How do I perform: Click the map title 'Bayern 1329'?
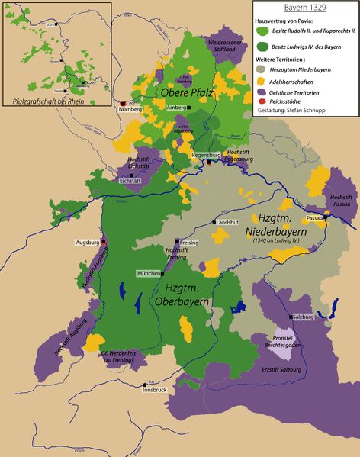[x=304, y=7]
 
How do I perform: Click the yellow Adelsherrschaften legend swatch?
[x=262, y=80]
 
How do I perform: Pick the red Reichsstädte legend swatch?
[x=262, y=100]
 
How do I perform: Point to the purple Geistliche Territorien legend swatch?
[x=262, y=90]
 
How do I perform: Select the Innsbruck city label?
[x=154, y=389]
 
